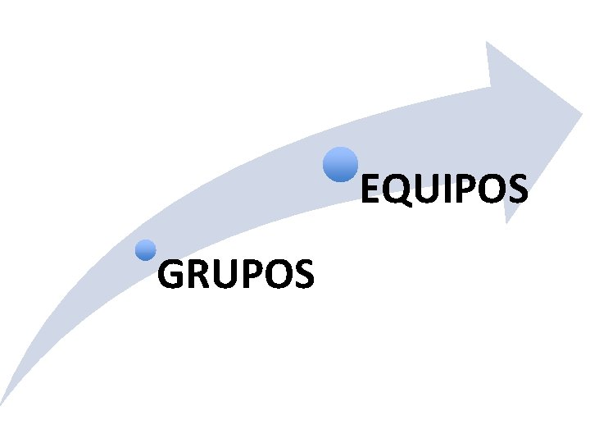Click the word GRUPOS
[235, 275]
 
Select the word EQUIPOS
[443, 190]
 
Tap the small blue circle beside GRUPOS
[146, 250]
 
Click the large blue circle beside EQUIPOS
[339, 163]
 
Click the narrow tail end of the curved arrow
[5, 400]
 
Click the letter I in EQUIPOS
[439, 190]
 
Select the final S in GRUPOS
[301, 275]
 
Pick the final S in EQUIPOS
[515, 190]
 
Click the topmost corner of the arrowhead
[487, 43]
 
